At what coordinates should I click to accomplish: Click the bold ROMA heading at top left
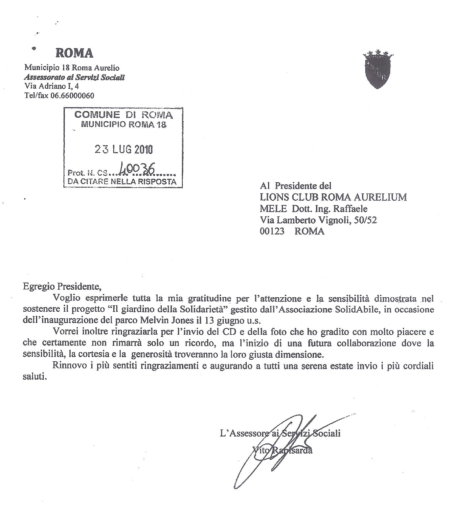pos(74,53)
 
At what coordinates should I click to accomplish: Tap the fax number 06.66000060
pos(72,96)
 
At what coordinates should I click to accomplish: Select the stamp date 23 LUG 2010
pos(124,149)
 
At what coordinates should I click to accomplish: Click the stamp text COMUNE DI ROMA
pos(124,115)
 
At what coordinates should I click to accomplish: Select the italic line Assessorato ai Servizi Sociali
pos(74,78)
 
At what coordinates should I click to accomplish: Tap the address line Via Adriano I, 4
pos(52,86)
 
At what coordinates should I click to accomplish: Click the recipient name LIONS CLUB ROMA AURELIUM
pos(333,197)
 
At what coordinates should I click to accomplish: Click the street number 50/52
pos(365,220)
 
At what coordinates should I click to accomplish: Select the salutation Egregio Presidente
pos(61,286)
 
